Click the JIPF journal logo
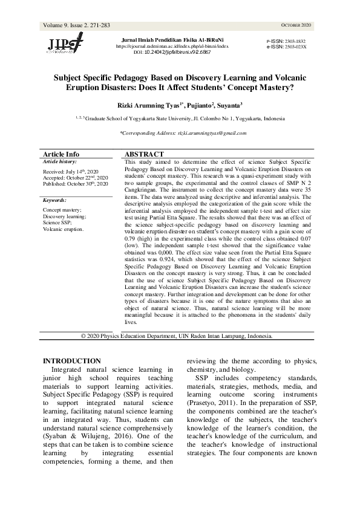coord(66,44)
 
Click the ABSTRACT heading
coord(143,155)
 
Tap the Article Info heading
coord(61,155)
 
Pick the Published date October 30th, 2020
coord(75,184)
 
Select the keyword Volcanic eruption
coord(63,230)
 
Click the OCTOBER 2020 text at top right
coord(296,25)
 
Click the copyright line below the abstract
coord(177,336)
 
